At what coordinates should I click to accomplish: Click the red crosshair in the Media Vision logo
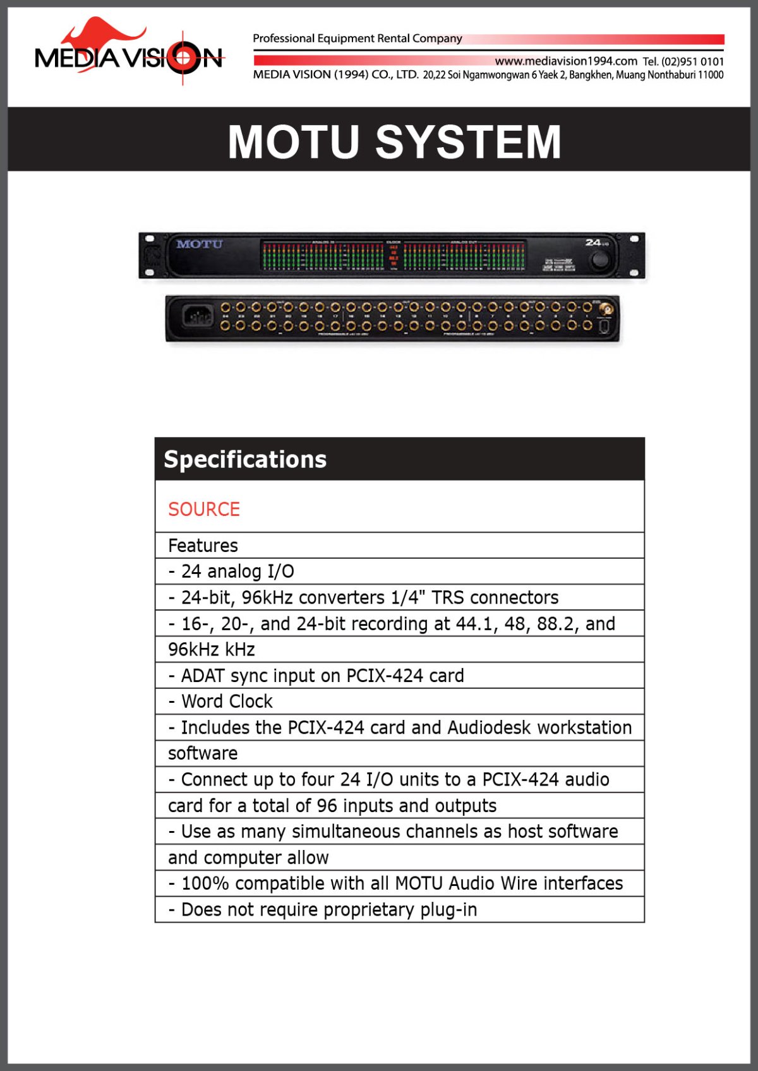[x=183, y=58]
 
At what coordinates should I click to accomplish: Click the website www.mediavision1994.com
[x=565, y=61]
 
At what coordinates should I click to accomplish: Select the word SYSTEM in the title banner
[x=468, y=141]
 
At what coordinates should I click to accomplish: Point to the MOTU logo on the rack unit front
[x=200, y=244]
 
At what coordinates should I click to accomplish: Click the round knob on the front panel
[x=599, y=260]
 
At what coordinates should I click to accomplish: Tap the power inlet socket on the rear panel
[x=197, y=316]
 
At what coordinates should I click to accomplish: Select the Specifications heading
[x=245, y=460]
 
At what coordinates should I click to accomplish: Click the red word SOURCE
[x=204, y=509]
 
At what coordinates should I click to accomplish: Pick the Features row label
[x=203, y=546]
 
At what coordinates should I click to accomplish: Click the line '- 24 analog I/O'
[x=231, y=571]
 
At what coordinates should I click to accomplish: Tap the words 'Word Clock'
[x=227, y=702]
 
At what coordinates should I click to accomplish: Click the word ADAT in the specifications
[x=203, y=676]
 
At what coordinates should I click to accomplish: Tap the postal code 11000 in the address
[x=711, y=75]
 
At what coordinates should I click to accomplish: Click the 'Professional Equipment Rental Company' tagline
[x=358, y=39]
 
